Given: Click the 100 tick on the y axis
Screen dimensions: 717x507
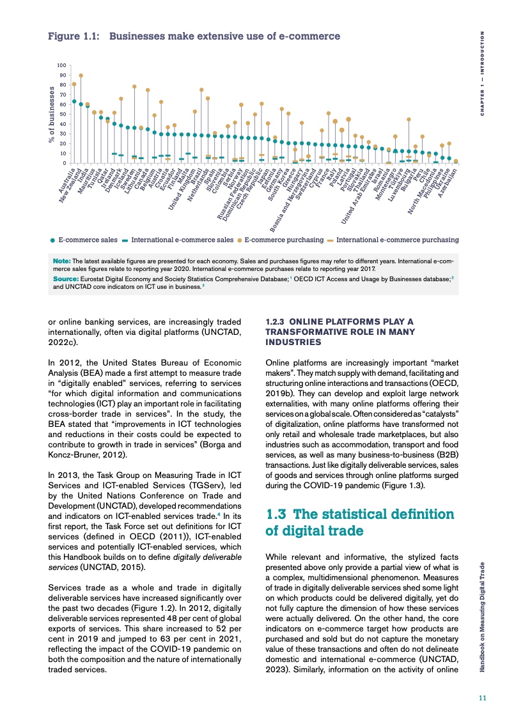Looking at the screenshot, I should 61,65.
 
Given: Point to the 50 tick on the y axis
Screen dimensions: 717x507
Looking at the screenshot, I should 62,114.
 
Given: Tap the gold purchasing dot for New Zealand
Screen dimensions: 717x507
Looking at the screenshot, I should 81,75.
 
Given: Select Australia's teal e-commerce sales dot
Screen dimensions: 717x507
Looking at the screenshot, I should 74,101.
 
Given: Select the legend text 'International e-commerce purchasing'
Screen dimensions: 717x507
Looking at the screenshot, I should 397,240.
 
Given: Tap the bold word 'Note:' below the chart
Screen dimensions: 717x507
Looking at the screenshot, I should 62,260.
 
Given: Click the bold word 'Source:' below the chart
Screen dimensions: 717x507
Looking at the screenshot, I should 65,280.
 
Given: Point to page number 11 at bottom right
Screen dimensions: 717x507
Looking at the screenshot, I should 483,698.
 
